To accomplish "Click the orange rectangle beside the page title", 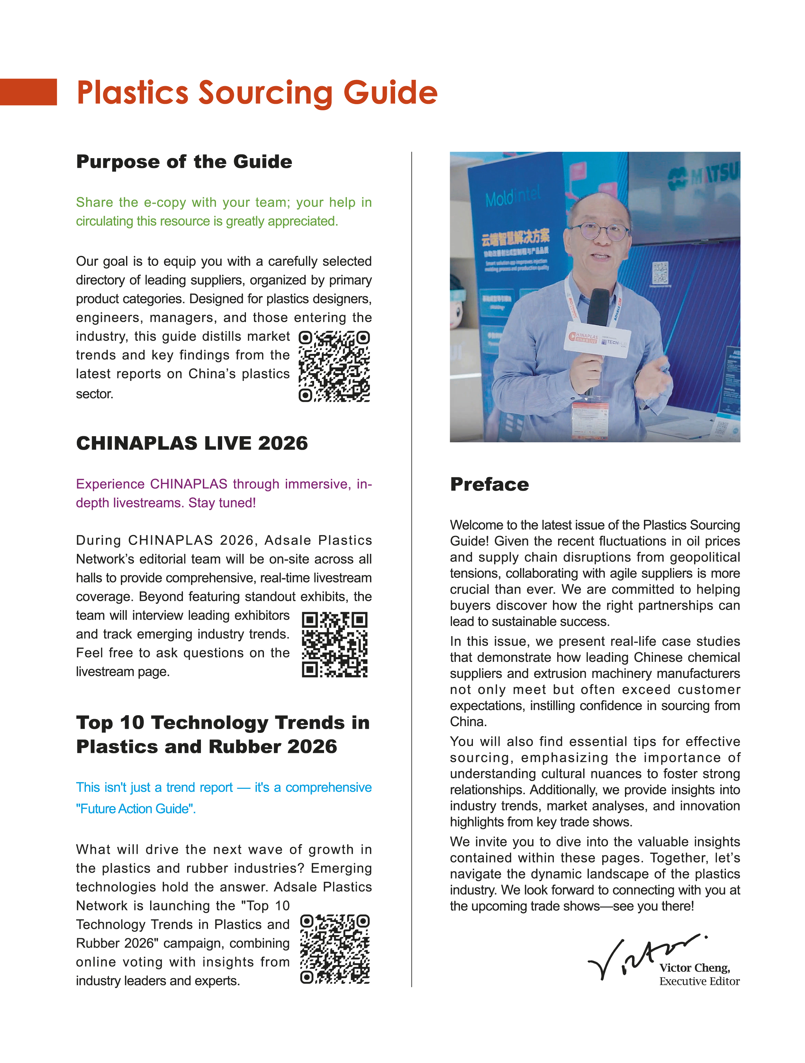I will pyautogui.click(x=28, y=92).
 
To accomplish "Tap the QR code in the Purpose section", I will pyautogui.click(x=334, y=366).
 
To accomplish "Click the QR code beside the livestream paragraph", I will pyautogui.click(x=334, y=644).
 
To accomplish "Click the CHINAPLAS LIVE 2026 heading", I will pyautogui.click(x=192, y=443).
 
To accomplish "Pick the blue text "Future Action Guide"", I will pyautogui.click(x=136, y=809).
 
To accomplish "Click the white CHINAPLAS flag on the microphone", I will pyautogui.click(x=597, y=340).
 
